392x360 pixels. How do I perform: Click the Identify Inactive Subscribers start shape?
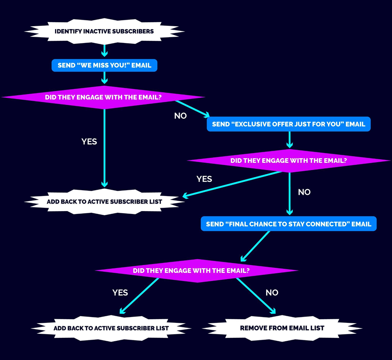coord(104,31)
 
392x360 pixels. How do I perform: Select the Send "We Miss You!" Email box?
coord(104,65)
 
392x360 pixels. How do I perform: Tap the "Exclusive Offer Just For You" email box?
coord(289,124)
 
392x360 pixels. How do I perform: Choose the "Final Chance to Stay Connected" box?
coord(289,224)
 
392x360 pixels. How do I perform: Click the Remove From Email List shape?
coord(282,328)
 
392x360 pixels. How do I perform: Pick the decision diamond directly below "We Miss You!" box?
coord(103,98)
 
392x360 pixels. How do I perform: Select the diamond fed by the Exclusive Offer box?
coord(289,161)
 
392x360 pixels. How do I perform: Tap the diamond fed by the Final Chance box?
coord(197,271)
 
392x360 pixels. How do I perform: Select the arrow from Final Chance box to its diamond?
coord(255,246)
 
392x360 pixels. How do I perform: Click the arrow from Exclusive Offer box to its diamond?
coord(289,140)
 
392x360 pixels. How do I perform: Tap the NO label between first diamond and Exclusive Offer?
coord(180,116)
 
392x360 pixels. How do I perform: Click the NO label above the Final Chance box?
coord(304,192)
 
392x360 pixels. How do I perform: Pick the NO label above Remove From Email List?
coord(272,293)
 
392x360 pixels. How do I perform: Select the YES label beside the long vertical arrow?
coord(89,141)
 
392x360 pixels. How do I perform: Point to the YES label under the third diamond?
coord(120,293)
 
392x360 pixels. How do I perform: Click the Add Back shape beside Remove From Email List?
coord(111,328)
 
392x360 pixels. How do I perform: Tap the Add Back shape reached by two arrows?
coord(104,201)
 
